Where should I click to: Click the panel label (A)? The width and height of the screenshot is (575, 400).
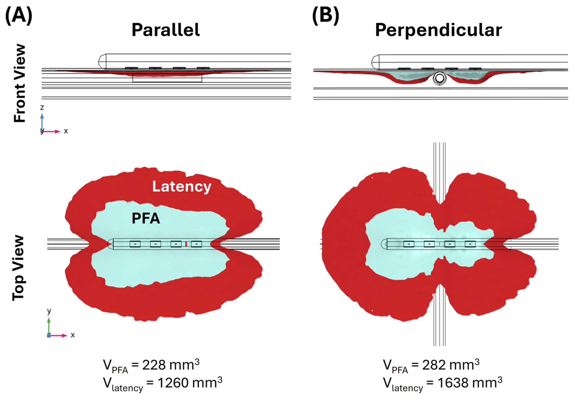(19, 16)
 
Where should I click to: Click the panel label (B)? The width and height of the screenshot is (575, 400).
(326, 16)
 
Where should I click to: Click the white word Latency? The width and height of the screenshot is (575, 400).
(182, 187)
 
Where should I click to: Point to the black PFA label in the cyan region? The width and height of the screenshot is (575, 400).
(146, 218)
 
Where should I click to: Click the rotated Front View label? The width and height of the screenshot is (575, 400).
(20, 83)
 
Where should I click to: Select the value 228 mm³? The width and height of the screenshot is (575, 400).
(171, 365)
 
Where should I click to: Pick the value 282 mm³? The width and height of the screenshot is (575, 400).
(451, 365)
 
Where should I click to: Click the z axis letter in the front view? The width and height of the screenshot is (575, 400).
(42, 107)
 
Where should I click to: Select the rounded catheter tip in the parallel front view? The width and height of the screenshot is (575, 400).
(102, 61)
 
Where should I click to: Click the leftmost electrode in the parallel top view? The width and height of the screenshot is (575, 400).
(135, 244)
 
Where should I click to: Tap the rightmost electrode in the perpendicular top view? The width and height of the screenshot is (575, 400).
(470, 244)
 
